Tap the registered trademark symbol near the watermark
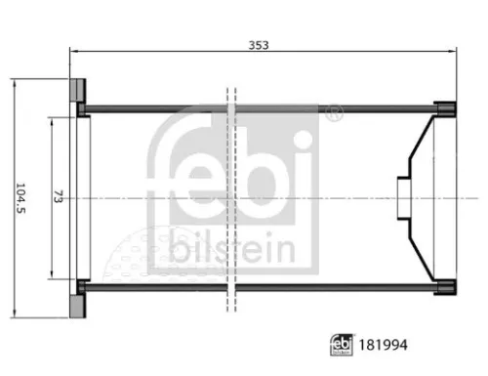336,114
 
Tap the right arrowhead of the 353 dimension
454,55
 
